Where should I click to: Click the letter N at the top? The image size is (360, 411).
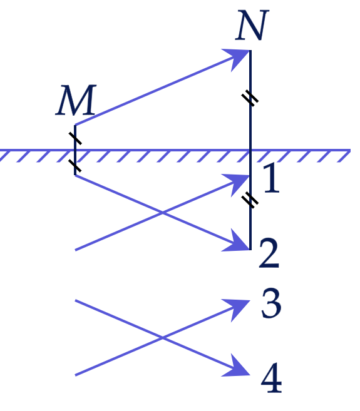pyautogui.click(x=252, y=25)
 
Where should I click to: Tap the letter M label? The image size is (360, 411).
pyautogui.click(x=76, y=100)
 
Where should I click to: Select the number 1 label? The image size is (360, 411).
pyautogui.click(x=271, y=178)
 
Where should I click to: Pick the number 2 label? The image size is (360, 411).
pyautogui.click(x=269, y=253)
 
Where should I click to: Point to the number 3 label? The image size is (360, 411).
pyautogui.click(x=271, y=303)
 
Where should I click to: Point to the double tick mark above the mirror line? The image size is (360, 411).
pyautogui.click(x=250, y=98)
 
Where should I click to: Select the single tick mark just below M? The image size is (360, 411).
pyautogui.click(x=75, y=138)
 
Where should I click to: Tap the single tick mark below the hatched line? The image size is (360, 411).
pyautogui.click(x=75, y=166)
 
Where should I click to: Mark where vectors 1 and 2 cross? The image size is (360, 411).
pyautogui.click(x=162, y=213)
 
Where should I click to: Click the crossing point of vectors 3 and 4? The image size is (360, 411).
pyautogui.click(x=162, y=338)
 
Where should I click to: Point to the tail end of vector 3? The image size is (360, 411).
pyautogui.click(x=76, y=375)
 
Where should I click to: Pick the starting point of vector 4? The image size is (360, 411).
pyautogui.click(x=76, y=300)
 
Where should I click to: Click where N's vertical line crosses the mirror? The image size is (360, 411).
pyautogui.click(x=250, y=151)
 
